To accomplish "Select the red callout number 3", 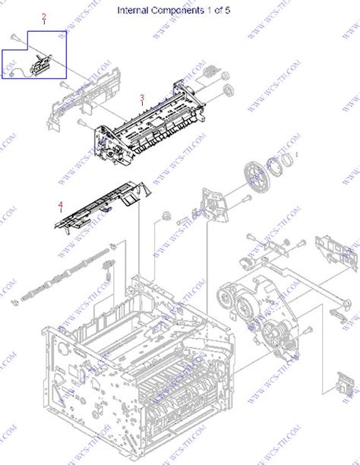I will pos(141,97).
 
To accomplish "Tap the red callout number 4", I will pos(61,204).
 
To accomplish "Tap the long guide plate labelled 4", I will pos(99,209).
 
